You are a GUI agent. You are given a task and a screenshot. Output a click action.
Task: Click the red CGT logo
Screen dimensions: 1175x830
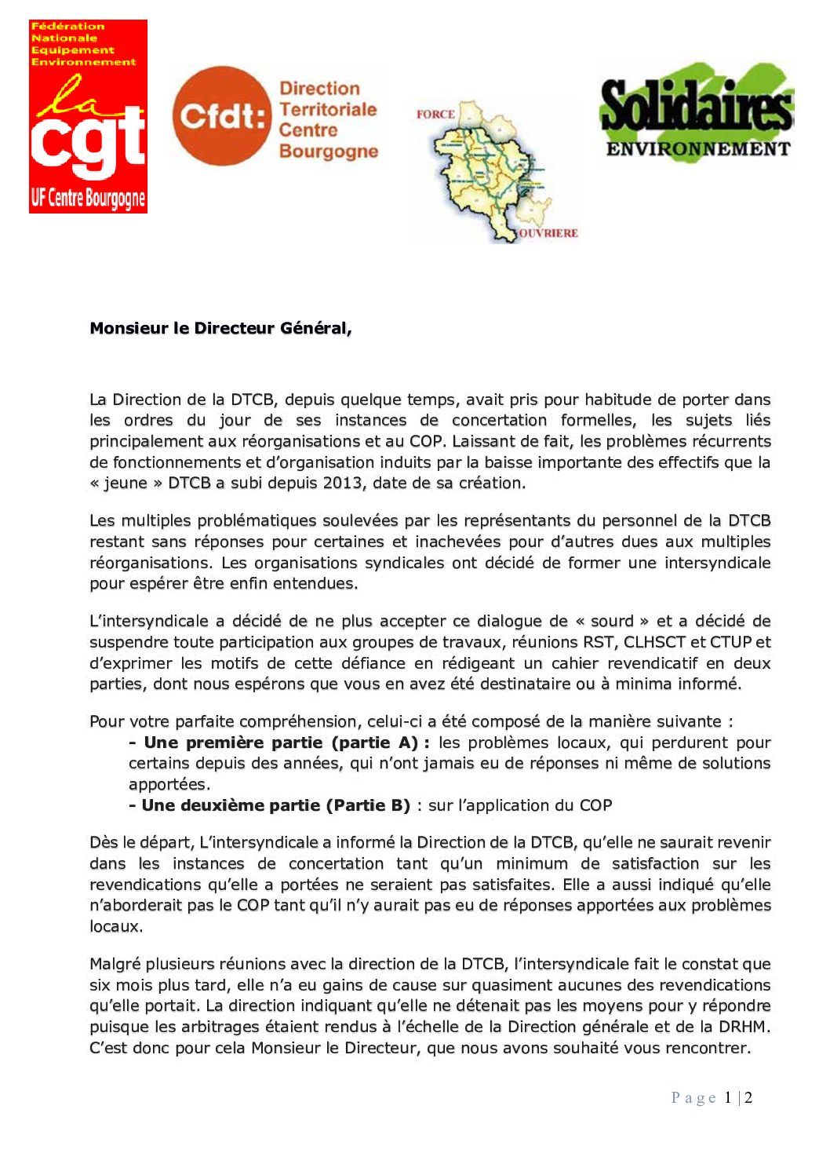(88, 116)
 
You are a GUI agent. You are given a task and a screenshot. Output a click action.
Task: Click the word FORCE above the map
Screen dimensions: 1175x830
(435, 115)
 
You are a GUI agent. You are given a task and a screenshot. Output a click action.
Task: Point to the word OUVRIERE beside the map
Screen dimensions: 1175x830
(548, 233)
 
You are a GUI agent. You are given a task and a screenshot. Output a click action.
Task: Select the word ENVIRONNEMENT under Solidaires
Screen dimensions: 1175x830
(698, 148)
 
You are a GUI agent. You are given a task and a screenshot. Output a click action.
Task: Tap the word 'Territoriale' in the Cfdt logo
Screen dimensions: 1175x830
(328, 109)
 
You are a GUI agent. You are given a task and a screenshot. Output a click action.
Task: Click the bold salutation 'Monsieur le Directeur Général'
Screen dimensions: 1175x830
(220, 328)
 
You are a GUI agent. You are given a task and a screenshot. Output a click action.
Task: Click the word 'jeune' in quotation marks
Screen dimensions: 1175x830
(126, 483)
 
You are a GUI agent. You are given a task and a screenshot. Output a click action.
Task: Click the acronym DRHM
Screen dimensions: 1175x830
(744, 1027)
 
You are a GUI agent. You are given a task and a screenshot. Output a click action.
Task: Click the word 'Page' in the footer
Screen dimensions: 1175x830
(693, 1098)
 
